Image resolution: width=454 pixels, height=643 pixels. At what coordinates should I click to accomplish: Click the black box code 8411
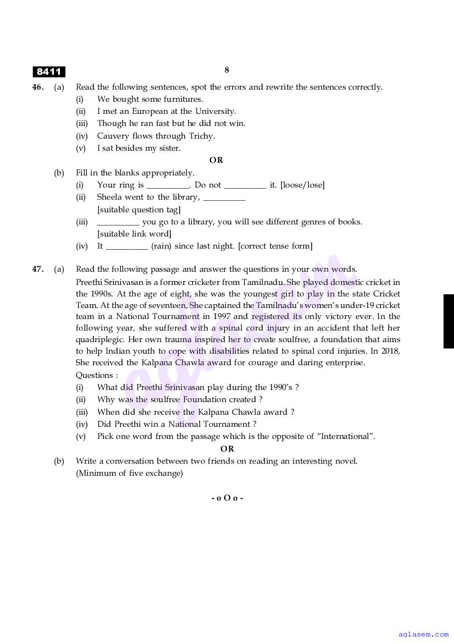(x=49, y=72)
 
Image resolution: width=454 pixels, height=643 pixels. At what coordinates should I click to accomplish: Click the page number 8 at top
(x=226, y=70)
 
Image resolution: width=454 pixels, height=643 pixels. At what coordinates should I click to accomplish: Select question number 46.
(x=38, y=87)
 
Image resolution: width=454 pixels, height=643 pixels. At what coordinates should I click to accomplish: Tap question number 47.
(x=38, y=269)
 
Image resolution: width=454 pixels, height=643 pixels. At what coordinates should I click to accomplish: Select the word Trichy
(x=202, y=136)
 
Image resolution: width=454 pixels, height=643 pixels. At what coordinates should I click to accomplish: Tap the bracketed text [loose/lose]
(x=302, y=185)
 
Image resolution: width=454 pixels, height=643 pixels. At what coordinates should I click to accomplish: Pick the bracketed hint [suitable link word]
(x=134, y=234)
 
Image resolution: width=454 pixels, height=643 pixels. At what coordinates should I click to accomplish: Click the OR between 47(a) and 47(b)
(x=227, y=448)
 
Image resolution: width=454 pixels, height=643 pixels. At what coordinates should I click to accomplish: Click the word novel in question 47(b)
(x=345, y=461)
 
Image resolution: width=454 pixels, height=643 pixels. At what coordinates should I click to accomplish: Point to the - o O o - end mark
(x=227, y=498)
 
